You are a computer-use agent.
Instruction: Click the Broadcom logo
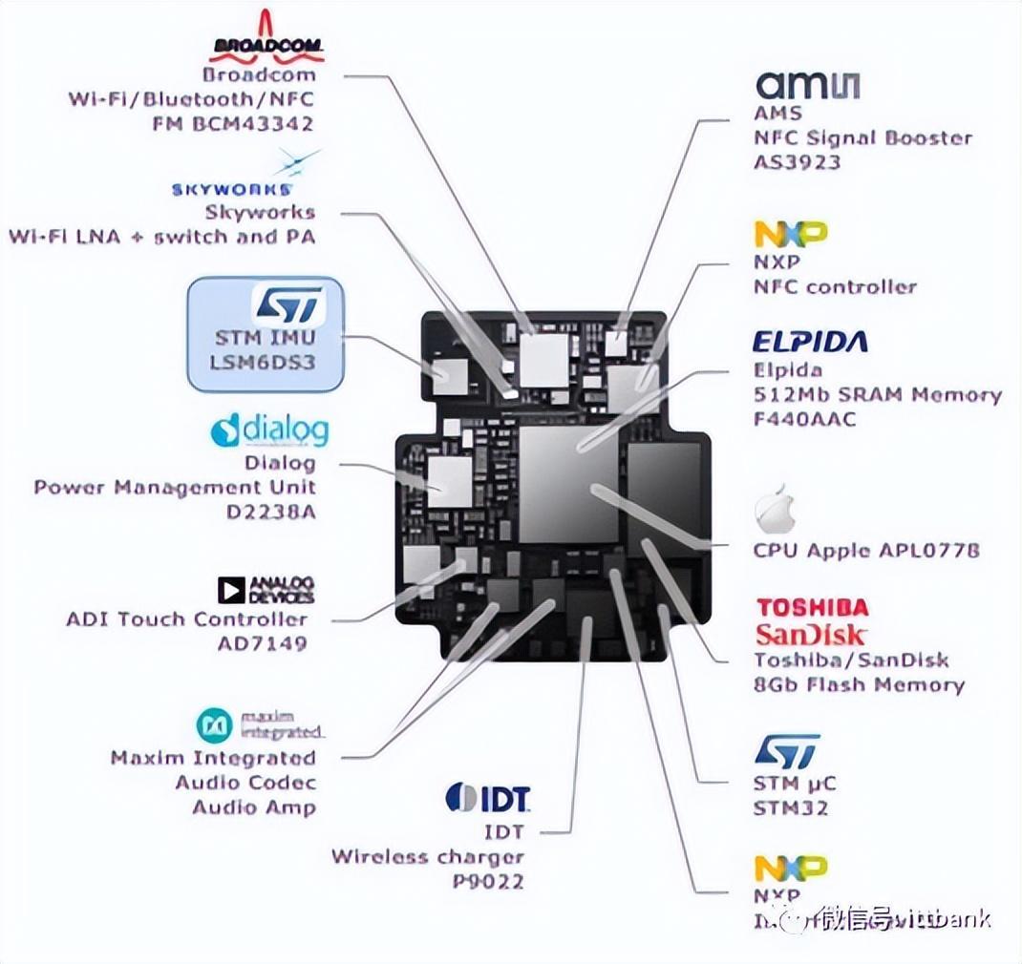click(x=266, y=38)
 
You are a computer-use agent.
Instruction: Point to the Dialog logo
click(x=269, y=430)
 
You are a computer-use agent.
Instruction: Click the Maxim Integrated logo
click(x=260, y=725)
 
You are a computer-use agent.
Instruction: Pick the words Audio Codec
click(x=245, y=783)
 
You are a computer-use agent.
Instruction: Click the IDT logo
click(x=487, y=797)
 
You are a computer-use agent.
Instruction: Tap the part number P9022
click(x=487, y=881)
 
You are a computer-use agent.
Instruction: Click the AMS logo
click(x=808, y=84)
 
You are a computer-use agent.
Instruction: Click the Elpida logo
click(x=810, y=342)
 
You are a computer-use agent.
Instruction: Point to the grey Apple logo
click(x=775, y=513)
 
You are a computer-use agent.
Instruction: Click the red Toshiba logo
click(x=812, y=608)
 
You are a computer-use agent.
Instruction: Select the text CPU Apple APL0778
click(x=866, y=551)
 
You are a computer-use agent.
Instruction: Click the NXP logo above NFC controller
click(x=791, y=234)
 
